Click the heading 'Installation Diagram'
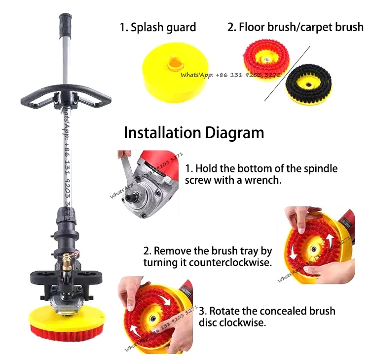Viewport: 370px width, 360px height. tap(193, 133)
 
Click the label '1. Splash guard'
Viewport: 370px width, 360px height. tap(158, 27)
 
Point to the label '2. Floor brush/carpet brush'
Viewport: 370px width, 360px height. tap(295, 27)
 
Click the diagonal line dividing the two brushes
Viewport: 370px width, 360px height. tap(288, 74)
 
